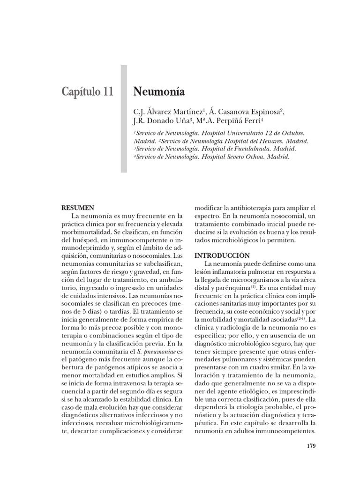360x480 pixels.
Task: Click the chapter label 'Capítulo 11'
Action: (87, 91)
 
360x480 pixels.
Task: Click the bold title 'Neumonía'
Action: (159, 91)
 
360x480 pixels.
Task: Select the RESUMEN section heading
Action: (78, 208)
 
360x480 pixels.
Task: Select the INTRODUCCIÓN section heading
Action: (220, 256)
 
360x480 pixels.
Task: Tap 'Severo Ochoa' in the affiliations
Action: (243, 157)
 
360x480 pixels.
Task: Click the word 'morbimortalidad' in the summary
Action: (86, 232)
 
